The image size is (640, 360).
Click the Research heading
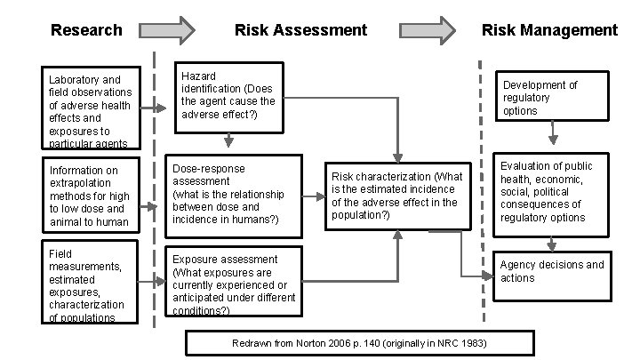(x=86, y=30)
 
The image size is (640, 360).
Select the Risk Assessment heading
(x=300, y=30)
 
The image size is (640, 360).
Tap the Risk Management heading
(x=549, y=30)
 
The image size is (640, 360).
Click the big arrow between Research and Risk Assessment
(x=167, y=30)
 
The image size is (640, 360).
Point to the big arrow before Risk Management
(x=430, y=30)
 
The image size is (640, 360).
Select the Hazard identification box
(x=228, y=96)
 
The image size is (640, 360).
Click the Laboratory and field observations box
(x=90, y=109)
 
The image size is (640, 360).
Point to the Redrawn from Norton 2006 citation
(x=359, y=342)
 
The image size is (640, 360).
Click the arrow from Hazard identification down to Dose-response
(x=228, y=140)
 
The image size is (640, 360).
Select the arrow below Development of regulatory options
(x=553, y=134)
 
